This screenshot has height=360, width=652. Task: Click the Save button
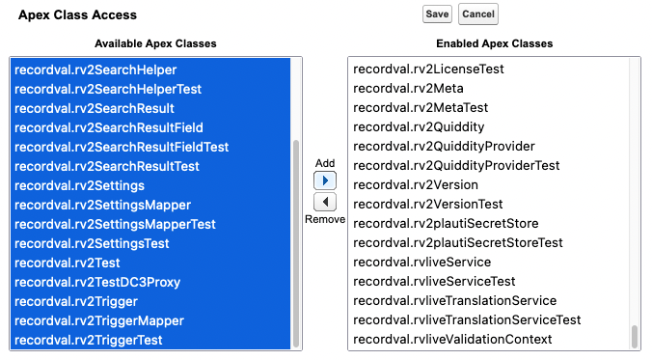coord(437,14)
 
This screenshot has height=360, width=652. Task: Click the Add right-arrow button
coord(325,180)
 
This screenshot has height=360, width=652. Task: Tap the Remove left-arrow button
coord(325,203)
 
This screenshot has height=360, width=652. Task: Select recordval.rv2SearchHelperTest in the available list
coord(108,89)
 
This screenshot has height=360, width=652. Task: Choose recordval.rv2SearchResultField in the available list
coord(109,127)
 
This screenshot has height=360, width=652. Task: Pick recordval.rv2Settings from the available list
coord(79,185)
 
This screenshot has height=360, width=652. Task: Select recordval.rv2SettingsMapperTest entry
coord(115,224)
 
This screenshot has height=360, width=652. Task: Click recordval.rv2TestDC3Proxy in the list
coord(97,282)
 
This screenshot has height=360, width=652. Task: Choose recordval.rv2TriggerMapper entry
coord(99,320)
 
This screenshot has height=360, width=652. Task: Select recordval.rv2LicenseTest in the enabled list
coord(428,69)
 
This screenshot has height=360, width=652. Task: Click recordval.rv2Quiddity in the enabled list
coord(419,127)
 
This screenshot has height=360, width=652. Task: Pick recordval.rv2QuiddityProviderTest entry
coord(456,166)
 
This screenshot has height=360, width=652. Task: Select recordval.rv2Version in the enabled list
coord(416,184)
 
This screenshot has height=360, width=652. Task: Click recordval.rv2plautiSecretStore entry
coord(446,224)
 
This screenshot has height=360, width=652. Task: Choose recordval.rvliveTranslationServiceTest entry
coord(467,320)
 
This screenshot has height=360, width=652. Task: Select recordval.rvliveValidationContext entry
coord(452,339)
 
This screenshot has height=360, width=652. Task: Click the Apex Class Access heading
coord(77,15)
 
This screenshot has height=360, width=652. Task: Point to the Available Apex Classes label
coord(155,43)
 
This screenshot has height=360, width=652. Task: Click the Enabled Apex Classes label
coord(495,43)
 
